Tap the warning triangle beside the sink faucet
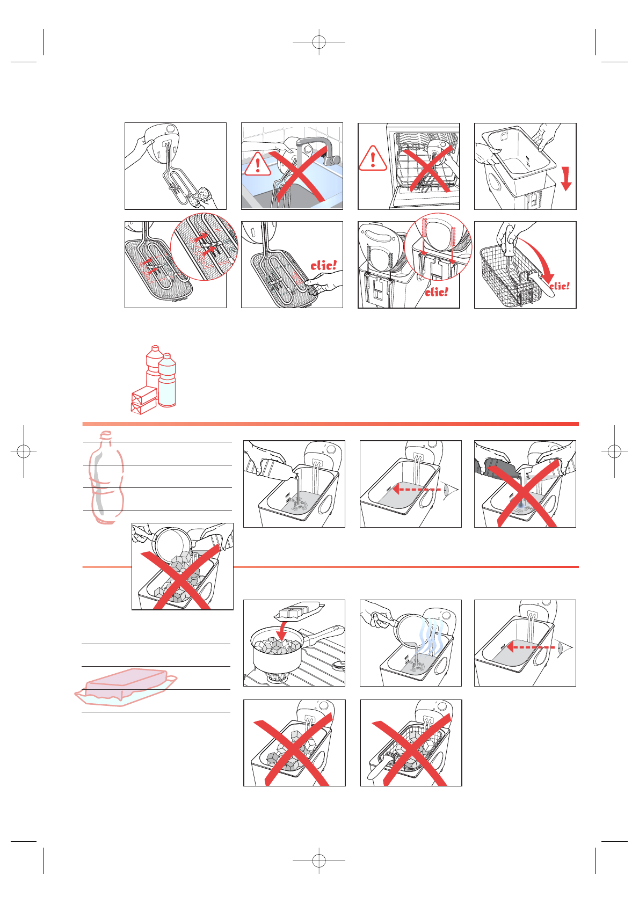[x=258, y=164]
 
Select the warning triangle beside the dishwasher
[x=373, y=158]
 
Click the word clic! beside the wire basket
[x=560, y=286]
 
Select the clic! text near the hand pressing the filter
[x=323, y=265]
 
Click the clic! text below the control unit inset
[x=437, y=292]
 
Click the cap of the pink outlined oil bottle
[x=106, y=435]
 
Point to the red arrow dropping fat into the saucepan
[x=282, y=631]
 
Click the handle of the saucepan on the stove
[x=323, y=635]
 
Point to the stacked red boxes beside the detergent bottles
[x=144, y=400]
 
